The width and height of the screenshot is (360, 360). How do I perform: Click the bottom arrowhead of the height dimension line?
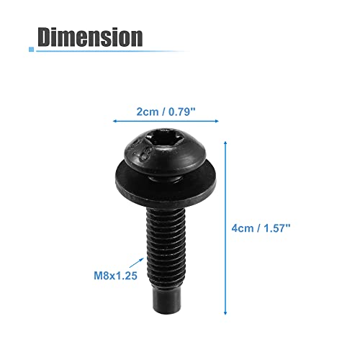click(227, 313)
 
